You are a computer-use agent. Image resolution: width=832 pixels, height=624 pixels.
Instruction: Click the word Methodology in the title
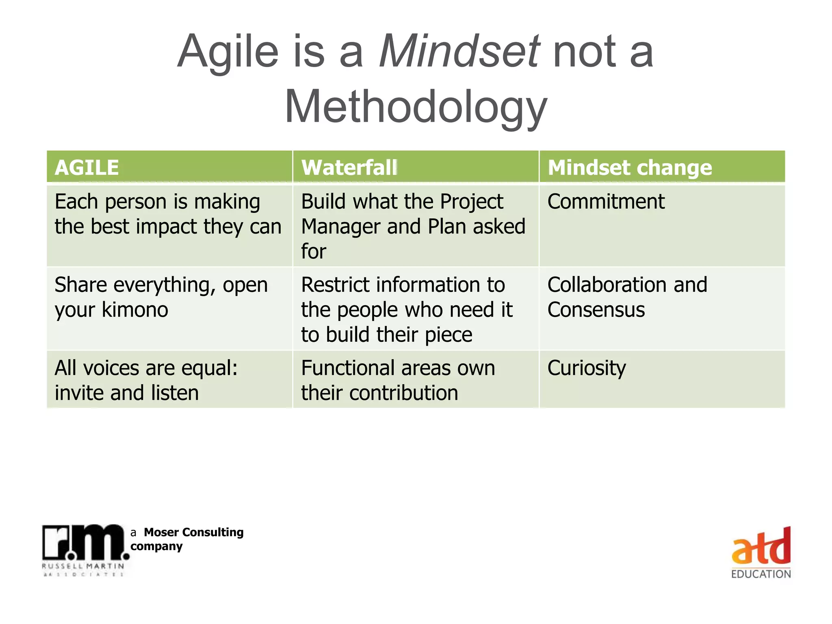click(416, 107)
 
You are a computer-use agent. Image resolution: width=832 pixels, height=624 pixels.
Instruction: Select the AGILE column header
click(87, 167)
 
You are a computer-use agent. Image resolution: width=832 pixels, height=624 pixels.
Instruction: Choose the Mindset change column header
click(630, 167)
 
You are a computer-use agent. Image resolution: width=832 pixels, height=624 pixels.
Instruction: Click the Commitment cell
click(606, 202)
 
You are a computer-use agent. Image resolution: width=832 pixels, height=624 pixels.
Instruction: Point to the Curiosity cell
click(587, 368)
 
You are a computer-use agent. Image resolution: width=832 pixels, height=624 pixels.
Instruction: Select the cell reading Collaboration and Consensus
click(627, 297)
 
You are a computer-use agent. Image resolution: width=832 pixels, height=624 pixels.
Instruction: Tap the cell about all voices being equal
click(146, 380)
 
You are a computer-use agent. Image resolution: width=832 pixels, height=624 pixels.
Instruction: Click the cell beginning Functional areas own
click(398, 380)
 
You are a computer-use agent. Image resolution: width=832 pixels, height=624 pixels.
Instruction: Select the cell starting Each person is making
click(167, 214)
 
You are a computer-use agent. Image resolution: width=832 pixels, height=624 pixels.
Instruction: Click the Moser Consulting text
click(193, 532)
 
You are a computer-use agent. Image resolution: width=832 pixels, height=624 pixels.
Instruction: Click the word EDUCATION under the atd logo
click(761, 574)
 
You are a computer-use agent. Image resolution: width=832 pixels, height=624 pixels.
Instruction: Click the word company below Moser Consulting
click(156, 546)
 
